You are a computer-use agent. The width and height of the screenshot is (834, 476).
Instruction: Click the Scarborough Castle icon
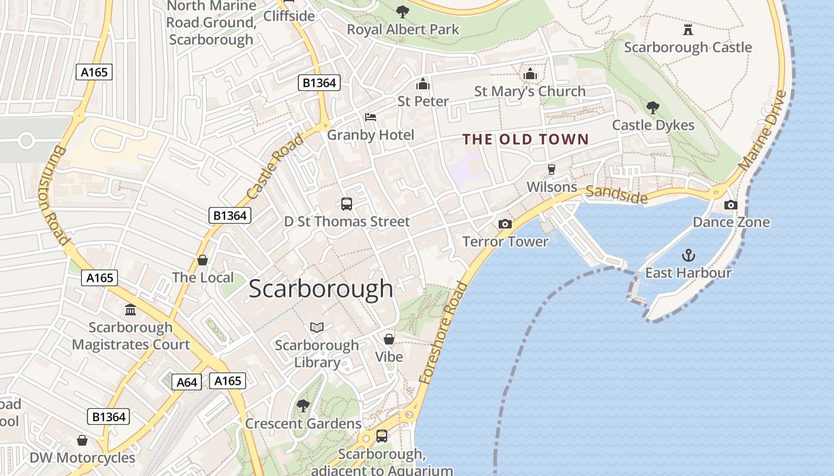[x=688, y=29]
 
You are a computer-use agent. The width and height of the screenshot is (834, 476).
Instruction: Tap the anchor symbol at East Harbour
[x=689, y=256]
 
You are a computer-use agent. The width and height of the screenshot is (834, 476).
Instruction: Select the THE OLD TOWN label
[x=525, y=140]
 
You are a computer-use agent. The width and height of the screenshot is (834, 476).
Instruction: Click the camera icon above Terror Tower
[x=505, y=224]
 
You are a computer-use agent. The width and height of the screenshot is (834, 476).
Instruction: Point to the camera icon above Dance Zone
[x=730, y=205]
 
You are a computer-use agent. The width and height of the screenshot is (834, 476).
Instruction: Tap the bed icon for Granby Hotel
[x=371, y=117]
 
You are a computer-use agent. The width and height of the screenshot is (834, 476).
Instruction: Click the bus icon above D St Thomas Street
[x=347, y=204]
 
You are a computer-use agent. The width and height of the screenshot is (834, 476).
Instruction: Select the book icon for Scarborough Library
[x=317, y=328]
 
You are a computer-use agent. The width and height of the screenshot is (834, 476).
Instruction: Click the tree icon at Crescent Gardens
[x=303, y=406]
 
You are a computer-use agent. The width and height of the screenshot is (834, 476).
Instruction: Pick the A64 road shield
[x=187, y=382]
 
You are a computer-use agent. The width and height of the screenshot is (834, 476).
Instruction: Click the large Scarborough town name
[x=320, y=289]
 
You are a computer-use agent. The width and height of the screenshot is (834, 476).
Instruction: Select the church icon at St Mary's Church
[x=530, y=74]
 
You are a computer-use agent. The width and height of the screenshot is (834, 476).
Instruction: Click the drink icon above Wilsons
[x=552, y=170]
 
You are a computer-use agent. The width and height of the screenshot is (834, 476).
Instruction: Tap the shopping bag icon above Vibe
[x=389, y=339]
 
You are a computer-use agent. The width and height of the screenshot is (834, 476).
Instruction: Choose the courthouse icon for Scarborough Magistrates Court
[x=130, y=310]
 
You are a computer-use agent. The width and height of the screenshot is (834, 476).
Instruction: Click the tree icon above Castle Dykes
[x=653, y=108]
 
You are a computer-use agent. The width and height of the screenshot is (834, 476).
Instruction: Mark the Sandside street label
[x=616, y=194]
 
